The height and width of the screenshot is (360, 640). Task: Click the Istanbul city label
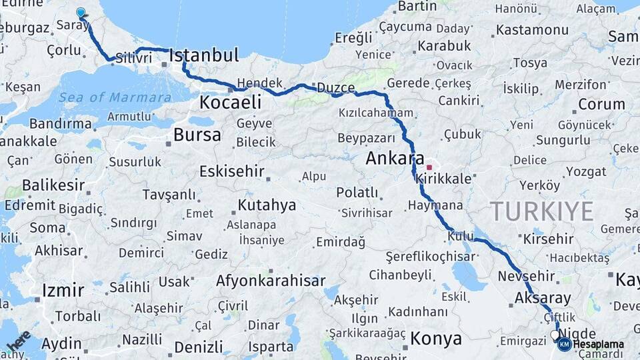pyautogui.click(x=204, y=55)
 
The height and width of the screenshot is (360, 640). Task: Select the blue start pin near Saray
pyautogui.click(x=81, y=13)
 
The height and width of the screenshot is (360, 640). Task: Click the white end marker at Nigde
pyautogui.click(x=555, y=335)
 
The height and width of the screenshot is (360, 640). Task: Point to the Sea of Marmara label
pyautogui.click(x=114, y=97)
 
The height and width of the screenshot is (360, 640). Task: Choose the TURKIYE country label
pyautogui.click(x=542, y=211)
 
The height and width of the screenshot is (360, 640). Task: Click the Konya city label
pyautogui.click(x=435, y=339)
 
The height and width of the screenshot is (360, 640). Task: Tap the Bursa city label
pyautogui.click(x=197, y=135)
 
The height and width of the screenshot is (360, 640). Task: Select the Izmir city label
pyautogui.click(x=63, y=291)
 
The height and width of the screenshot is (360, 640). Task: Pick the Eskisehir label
pyautogui.click(x=232, y=171)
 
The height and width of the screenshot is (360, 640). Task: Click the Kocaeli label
pyautogui.click(x=230, y=103)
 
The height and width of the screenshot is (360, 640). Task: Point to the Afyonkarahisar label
pyautogui.click(x=270, y=281)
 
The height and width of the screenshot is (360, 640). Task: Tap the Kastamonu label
pyautogui.click(x=532, y=30)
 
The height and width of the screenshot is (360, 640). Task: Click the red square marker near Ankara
pyautogui.click(x=430, y=168)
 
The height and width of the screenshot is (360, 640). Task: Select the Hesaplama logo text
pyautogui.click(x=598, y=344)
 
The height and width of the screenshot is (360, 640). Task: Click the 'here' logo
pyautogui.click(x=19, y=341)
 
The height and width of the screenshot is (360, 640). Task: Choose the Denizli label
pyautogui.click(x=198, y=347)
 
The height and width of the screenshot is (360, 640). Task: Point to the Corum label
pyautogui.click(x=601, y=105)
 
